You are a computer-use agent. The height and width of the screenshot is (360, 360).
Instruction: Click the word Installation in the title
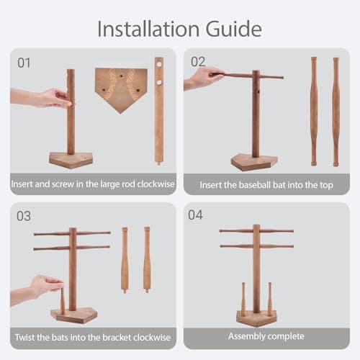148,29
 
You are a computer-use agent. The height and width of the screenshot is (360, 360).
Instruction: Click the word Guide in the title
233,30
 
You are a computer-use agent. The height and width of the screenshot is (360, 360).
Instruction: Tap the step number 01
24,63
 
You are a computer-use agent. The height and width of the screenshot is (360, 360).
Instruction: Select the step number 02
198,62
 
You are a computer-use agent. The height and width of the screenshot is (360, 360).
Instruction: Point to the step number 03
24,216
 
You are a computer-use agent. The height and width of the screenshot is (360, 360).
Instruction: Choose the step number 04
195,215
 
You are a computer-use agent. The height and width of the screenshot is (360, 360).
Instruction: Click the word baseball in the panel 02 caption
255,185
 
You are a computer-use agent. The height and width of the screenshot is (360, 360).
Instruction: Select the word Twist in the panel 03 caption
24,337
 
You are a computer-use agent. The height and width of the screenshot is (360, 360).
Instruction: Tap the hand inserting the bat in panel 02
204,78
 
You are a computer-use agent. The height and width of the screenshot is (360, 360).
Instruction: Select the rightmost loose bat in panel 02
336,112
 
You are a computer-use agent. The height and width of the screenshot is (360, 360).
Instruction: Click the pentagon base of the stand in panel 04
256,318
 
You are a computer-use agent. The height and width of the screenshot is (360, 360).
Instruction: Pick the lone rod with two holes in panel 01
159,111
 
